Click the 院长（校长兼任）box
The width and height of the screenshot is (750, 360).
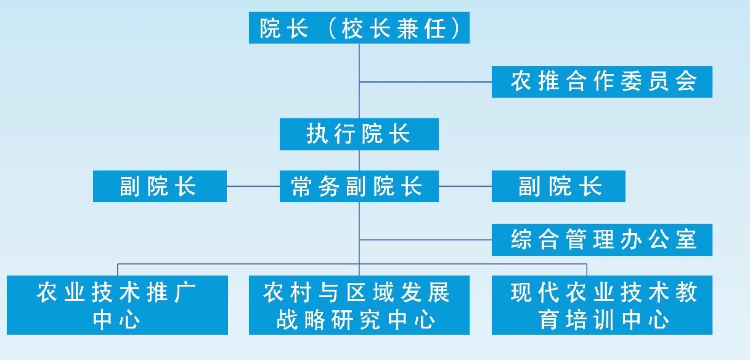[359, 28]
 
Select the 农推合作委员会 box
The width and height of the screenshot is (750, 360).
[601, 81]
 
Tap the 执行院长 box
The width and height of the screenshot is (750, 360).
[359, 134]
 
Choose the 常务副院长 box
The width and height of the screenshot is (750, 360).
[359, 186]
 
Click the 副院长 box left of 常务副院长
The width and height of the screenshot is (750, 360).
[160, 186]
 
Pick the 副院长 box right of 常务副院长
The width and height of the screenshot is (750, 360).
[558, 186]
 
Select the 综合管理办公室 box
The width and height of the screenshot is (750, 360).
[601, 239]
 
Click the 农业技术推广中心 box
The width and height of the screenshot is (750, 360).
[117, 305]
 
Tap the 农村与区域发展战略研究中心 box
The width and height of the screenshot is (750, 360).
[359, 305]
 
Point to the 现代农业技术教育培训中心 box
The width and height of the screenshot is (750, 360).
[601, 305]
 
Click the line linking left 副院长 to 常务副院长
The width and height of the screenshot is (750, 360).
[253, 186]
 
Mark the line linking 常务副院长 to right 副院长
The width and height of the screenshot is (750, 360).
[465, 186]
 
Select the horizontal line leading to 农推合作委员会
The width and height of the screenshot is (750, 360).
[425, 81]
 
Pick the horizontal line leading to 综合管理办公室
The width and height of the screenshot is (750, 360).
[425, 239]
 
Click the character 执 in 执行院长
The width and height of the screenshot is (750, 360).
[316, 134]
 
